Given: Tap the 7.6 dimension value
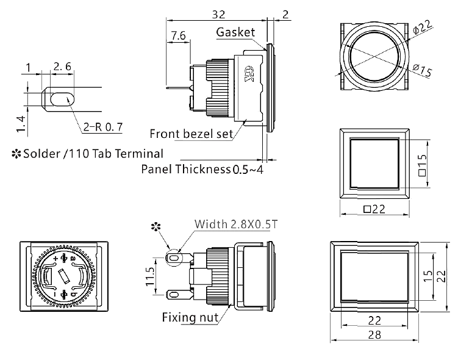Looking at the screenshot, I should [179, 37].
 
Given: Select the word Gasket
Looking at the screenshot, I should [235, 32].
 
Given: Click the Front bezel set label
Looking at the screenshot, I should [191, 134].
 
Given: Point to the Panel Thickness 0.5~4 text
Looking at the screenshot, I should [202, 169].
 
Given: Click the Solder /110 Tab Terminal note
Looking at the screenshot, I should [87, 153].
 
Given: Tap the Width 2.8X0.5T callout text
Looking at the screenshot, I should [235, 225].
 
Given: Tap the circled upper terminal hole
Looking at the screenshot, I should [174, 259].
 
